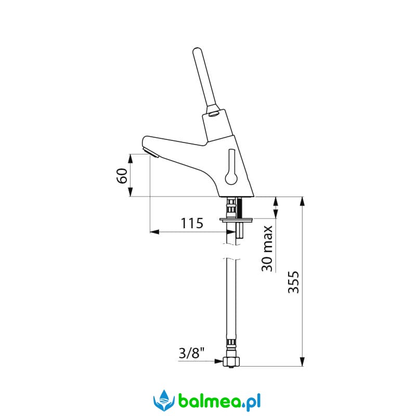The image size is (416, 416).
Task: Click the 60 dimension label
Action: [x=122, y=176]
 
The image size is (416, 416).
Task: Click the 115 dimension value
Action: [x=192, y=223]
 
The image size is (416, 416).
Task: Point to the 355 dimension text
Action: [x=293, y=282]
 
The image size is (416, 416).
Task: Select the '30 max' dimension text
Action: [x=267, y=249]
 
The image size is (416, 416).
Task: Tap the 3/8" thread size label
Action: [x=191, y=353]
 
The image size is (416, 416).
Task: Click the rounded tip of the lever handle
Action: [x=197, y=50]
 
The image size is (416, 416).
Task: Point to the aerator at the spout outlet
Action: [x=150, y=152]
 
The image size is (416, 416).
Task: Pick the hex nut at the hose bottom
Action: [x=231, y=361]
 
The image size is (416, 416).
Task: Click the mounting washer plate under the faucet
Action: [x=236, y=219]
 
